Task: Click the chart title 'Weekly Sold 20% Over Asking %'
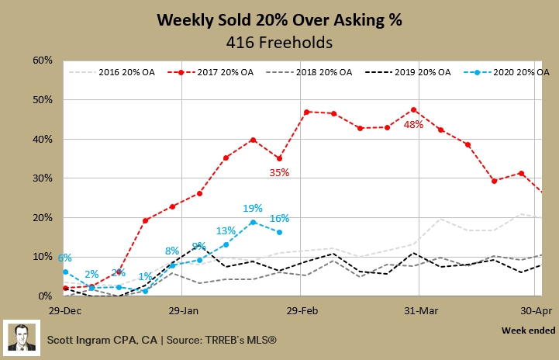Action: click(279, 19)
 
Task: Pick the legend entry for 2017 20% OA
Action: click(219, 72)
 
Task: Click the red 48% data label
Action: click(412, 124)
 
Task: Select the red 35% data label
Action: click(279, 173)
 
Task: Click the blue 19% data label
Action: click(253, 208)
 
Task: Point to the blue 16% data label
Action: click(279, 218)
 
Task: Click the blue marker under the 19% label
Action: click(253, 222)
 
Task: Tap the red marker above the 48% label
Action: click(413, 109)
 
